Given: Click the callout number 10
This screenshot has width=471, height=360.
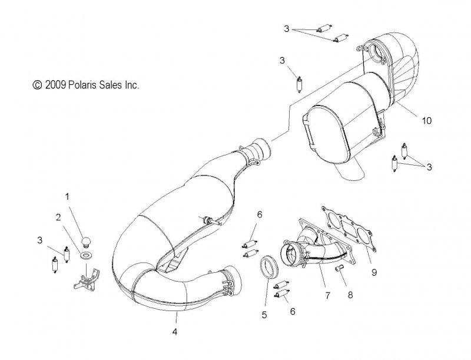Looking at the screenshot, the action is pos(426,121).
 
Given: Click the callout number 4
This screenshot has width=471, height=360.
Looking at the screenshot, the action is pos(175,332).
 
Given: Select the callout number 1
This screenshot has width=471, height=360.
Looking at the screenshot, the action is pos(67,197).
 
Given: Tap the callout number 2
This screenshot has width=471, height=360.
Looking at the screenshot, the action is pos(58,217).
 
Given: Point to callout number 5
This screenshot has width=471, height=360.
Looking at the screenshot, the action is pos(264,315).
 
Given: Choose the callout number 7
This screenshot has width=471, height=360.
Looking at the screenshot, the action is pos(327,295).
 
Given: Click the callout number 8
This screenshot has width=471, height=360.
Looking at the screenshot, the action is pos(350,295).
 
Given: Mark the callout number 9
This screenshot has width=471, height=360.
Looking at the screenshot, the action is pos(374,272).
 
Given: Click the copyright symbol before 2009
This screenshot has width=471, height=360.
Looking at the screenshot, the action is pos(37,85).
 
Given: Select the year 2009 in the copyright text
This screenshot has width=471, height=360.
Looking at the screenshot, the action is pos(55,85).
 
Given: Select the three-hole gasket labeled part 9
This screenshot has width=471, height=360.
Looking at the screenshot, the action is pos(349,229).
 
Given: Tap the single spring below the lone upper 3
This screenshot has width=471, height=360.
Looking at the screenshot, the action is pos(299,85).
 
